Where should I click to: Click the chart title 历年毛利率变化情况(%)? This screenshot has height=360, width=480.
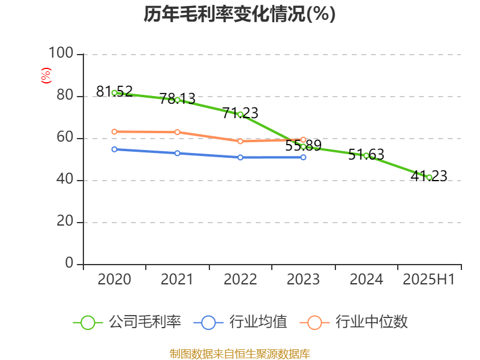[239, 14]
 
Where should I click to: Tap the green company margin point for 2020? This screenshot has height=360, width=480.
[115, 93]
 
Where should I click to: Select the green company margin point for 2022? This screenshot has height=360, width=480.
[240, 114]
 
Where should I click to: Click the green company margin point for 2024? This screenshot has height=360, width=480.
[366, 155]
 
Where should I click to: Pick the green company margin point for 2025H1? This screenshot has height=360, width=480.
[429, 177]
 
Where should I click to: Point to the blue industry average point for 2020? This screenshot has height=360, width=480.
[115, 149]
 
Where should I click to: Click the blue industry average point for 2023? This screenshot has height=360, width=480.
[303, 157]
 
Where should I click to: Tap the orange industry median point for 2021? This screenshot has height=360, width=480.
[178, 132]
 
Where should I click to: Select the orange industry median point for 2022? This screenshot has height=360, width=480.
[240, 142]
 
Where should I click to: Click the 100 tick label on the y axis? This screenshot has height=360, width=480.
[61, 54]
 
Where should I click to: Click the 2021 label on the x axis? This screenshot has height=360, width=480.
[178, 280]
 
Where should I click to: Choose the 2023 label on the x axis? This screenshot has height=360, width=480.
[303, 280]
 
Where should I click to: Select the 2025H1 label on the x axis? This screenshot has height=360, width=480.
[429, 280]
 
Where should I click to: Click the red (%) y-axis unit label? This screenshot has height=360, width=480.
[46, 75]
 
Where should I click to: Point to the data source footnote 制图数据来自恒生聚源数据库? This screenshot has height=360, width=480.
[239, 353]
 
